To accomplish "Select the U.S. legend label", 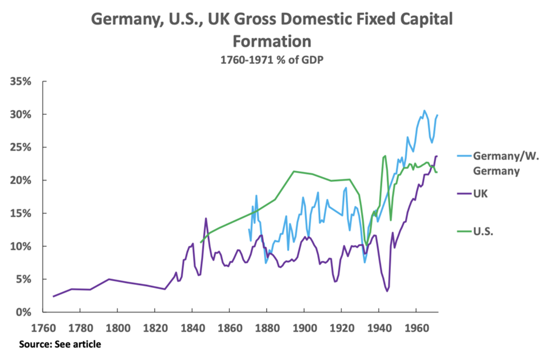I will pos(484,231).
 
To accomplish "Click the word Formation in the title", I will pos(271,42).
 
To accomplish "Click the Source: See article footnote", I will pos(60,344).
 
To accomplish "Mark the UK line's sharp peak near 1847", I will pos(206,219).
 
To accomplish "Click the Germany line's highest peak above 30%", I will pos(424,110).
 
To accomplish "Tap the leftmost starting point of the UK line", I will pos(53,296).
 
